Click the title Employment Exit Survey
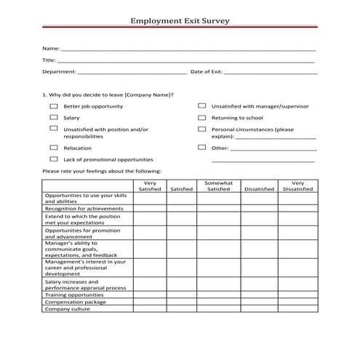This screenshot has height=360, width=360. click(180, 21)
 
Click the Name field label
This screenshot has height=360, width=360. click(50, 49)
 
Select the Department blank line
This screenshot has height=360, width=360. click(132, 73)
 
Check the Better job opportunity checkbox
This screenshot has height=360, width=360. click(53, 106)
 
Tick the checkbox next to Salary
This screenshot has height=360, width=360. click(53, 117)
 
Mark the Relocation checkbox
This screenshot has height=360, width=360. click(53, 148)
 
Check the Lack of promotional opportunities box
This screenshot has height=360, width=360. click(53, 159)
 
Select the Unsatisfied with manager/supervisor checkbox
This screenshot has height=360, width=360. click(201, 106)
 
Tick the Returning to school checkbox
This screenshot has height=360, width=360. click(201, 117)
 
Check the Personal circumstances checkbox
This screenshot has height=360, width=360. click(201, 129)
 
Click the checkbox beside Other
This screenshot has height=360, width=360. click(201, 148)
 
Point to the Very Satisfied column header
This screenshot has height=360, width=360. click(149, 186)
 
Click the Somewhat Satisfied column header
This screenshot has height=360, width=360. click(218, 186)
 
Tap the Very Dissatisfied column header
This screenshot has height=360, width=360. click(298, 186)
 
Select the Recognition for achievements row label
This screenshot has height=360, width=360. click(84, 208)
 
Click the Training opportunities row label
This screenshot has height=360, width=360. click(79, 295)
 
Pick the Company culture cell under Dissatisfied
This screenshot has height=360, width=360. click(260, 308)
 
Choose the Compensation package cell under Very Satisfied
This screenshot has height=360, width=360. click(149, 302)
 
